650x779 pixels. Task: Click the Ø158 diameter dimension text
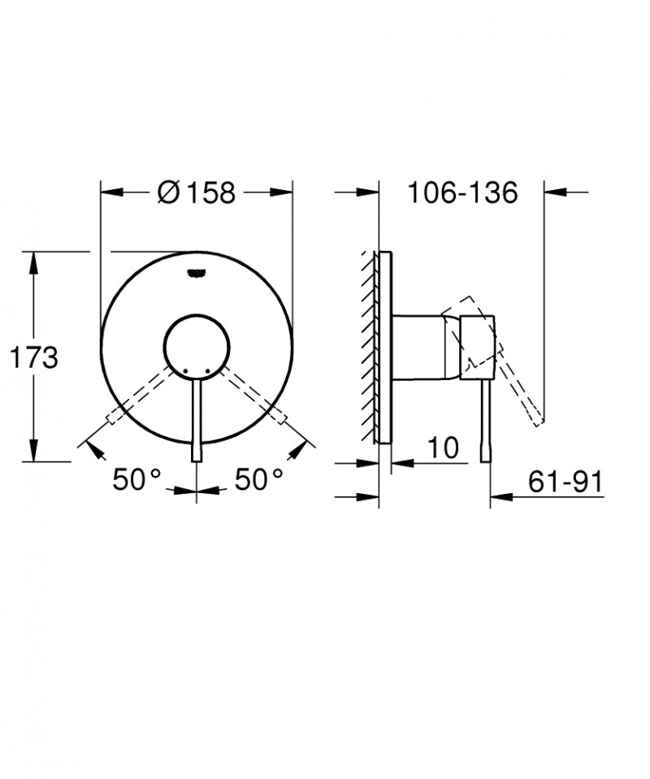[x=197, y=193]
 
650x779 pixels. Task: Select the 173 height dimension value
[x=33, y=357]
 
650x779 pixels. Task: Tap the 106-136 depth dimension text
[x=462, y=193]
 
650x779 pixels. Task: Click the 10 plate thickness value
[x=443, y=447]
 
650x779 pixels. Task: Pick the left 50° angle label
[x=137, y=480]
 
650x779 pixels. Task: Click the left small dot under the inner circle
[x=186, y=370]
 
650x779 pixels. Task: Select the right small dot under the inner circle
[x=207, y=370]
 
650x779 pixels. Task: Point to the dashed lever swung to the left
[x=138, y=398]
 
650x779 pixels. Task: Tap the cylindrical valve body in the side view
[x=418, y=345]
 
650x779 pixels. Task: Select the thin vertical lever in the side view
[x=487, y=422]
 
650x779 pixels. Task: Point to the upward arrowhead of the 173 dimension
[x=33, y=259]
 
